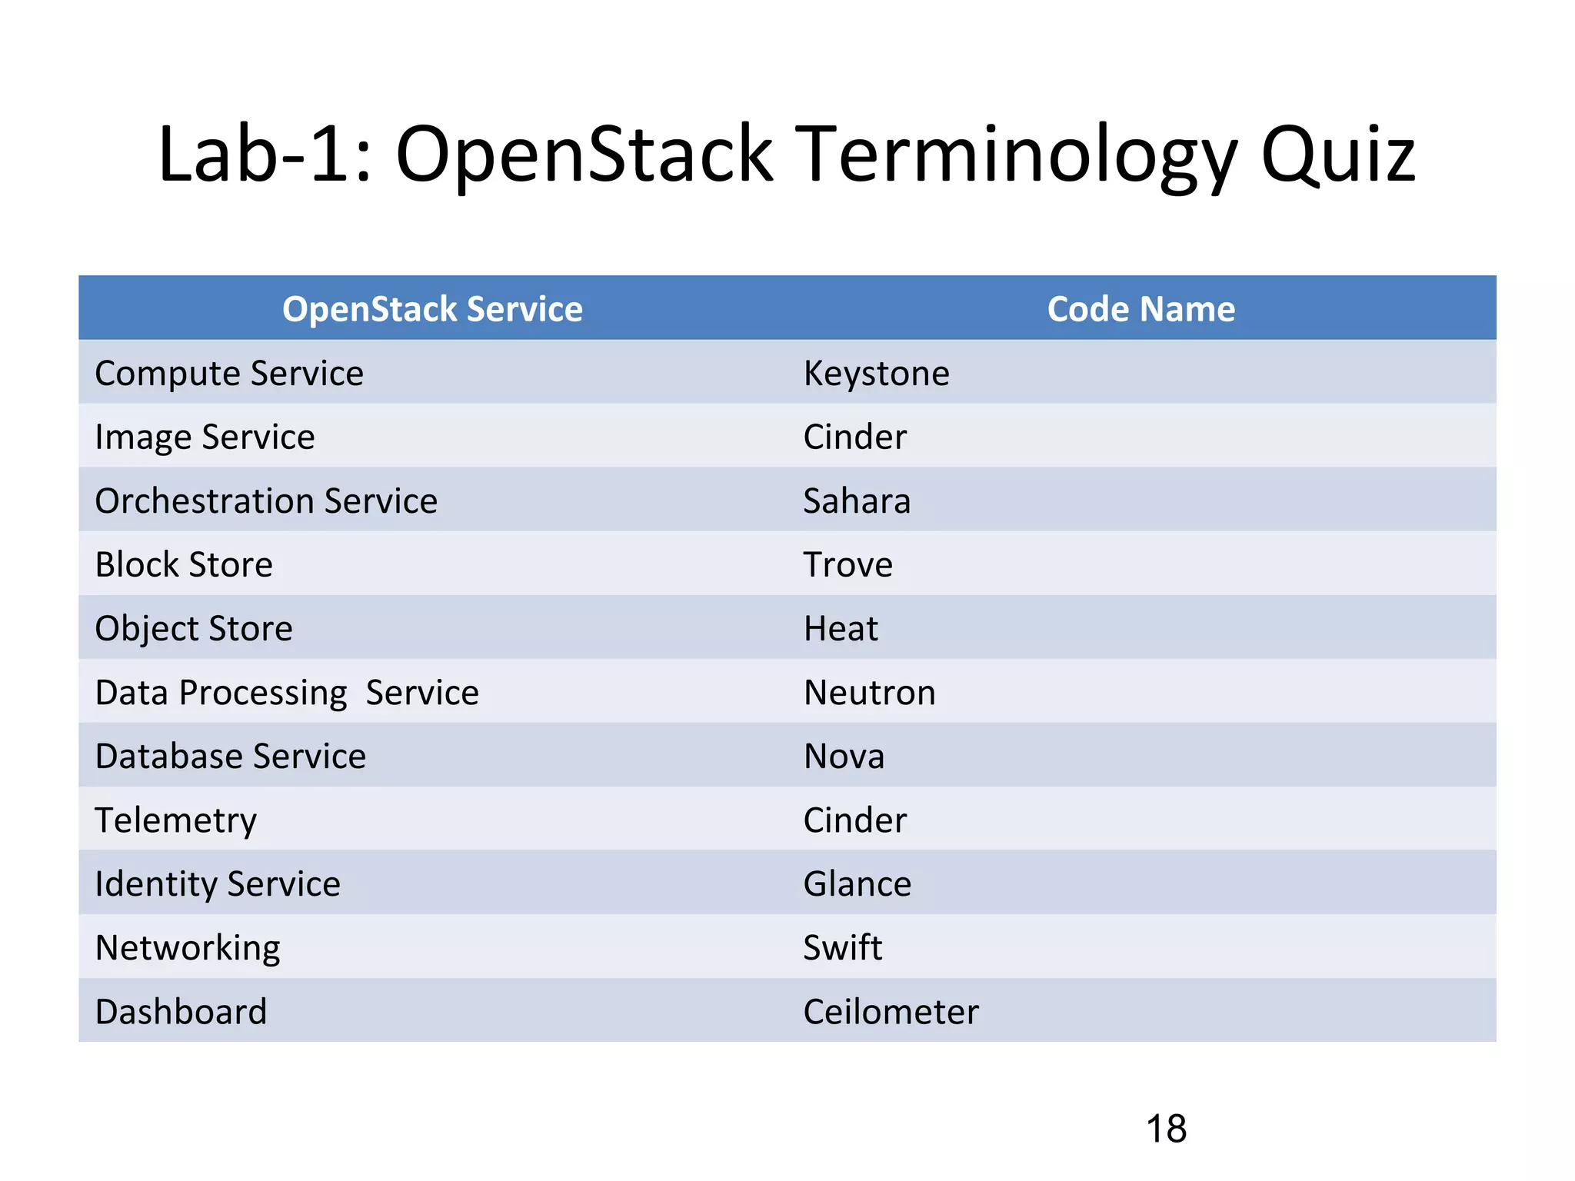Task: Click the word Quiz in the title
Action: (x=1337, y=156)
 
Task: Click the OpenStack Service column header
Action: (x=432, y=309)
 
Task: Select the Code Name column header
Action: (x=1140, y=309)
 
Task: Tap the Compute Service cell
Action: (x=229, y=374)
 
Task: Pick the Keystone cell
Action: (x=876, y=374)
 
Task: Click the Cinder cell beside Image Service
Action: (x=854, y=437)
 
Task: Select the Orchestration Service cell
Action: (x=266, y=501)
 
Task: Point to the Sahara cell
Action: (x=857, y=501)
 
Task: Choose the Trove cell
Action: (x=847, y=565)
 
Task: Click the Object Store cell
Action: (x=194, y=629)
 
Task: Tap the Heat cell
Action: (x=841, y=629)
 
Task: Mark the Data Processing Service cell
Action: (x=287, y=693)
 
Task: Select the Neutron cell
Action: (x=869, y=693)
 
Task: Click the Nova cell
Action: (x=844, y=757)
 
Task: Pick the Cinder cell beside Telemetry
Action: (x=854, y=820)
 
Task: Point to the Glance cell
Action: (x=857, y=884)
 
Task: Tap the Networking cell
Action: (x=188, y=948)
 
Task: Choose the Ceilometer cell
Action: (x=891, y=1012)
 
